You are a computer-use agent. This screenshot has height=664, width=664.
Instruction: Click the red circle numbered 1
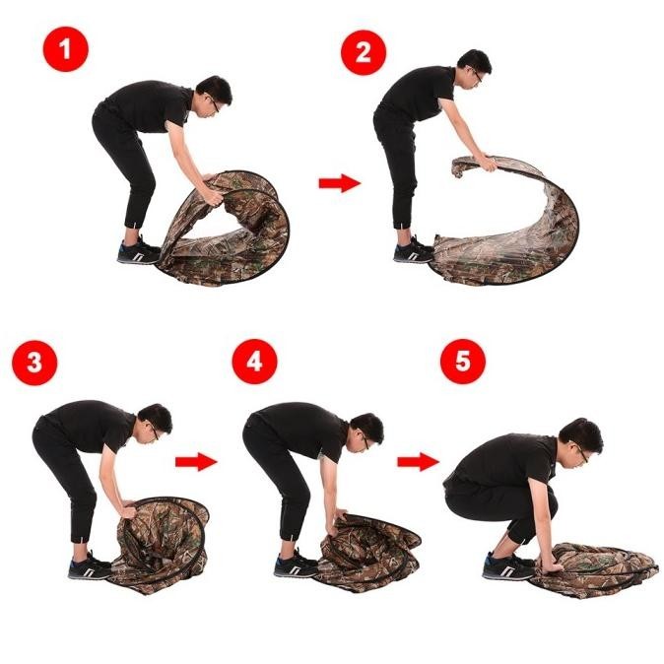pos(66,48)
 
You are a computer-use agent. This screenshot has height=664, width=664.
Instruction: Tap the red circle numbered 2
pos(364,52)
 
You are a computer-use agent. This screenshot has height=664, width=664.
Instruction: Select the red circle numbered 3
pos(34,363)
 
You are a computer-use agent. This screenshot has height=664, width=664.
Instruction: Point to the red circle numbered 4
pos(254,363)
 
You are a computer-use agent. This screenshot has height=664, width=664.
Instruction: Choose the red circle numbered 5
pos(463,362)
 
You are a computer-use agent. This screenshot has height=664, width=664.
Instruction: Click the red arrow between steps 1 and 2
pos(340,183)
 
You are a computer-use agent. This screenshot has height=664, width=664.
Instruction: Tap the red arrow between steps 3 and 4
pos(196,462)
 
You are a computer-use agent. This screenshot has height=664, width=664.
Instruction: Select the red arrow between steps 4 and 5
pos(418,461)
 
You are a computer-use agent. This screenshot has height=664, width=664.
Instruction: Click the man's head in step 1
pos(215,97)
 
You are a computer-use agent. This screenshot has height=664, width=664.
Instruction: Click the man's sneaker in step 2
pos(414,250)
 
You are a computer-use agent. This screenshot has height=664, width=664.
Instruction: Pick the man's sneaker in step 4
pos(296,564)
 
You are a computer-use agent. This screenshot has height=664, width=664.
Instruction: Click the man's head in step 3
pos(156,424)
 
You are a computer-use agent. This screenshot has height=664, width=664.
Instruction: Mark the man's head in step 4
pos(365,432)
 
